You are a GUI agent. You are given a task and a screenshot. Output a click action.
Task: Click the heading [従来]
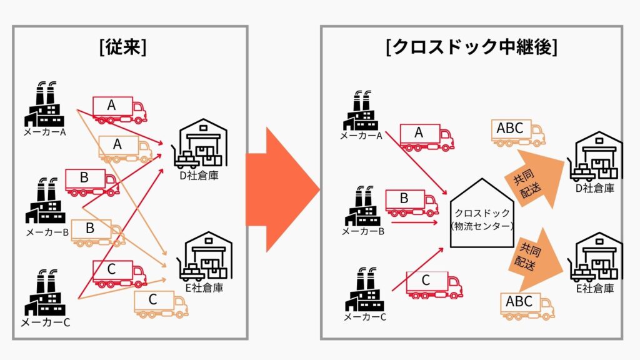122,48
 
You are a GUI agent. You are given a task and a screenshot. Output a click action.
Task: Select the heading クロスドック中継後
470,48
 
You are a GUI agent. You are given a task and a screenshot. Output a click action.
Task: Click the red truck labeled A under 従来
119,110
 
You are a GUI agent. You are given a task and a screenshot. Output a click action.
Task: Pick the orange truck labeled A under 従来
125,149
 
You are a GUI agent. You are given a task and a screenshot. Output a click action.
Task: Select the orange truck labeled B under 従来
97,232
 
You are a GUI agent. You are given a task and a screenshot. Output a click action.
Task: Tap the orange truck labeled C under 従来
161,304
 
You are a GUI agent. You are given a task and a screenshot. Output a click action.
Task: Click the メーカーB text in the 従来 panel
47,232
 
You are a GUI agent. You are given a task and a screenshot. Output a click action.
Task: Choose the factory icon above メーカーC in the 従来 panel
45,293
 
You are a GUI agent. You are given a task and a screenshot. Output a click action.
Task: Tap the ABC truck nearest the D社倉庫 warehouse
518,133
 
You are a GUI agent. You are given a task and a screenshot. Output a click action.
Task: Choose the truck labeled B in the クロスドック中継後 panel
411,203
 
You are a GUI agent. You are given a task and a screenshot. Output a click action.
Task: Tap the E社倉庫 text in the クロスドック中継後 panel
594,288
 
